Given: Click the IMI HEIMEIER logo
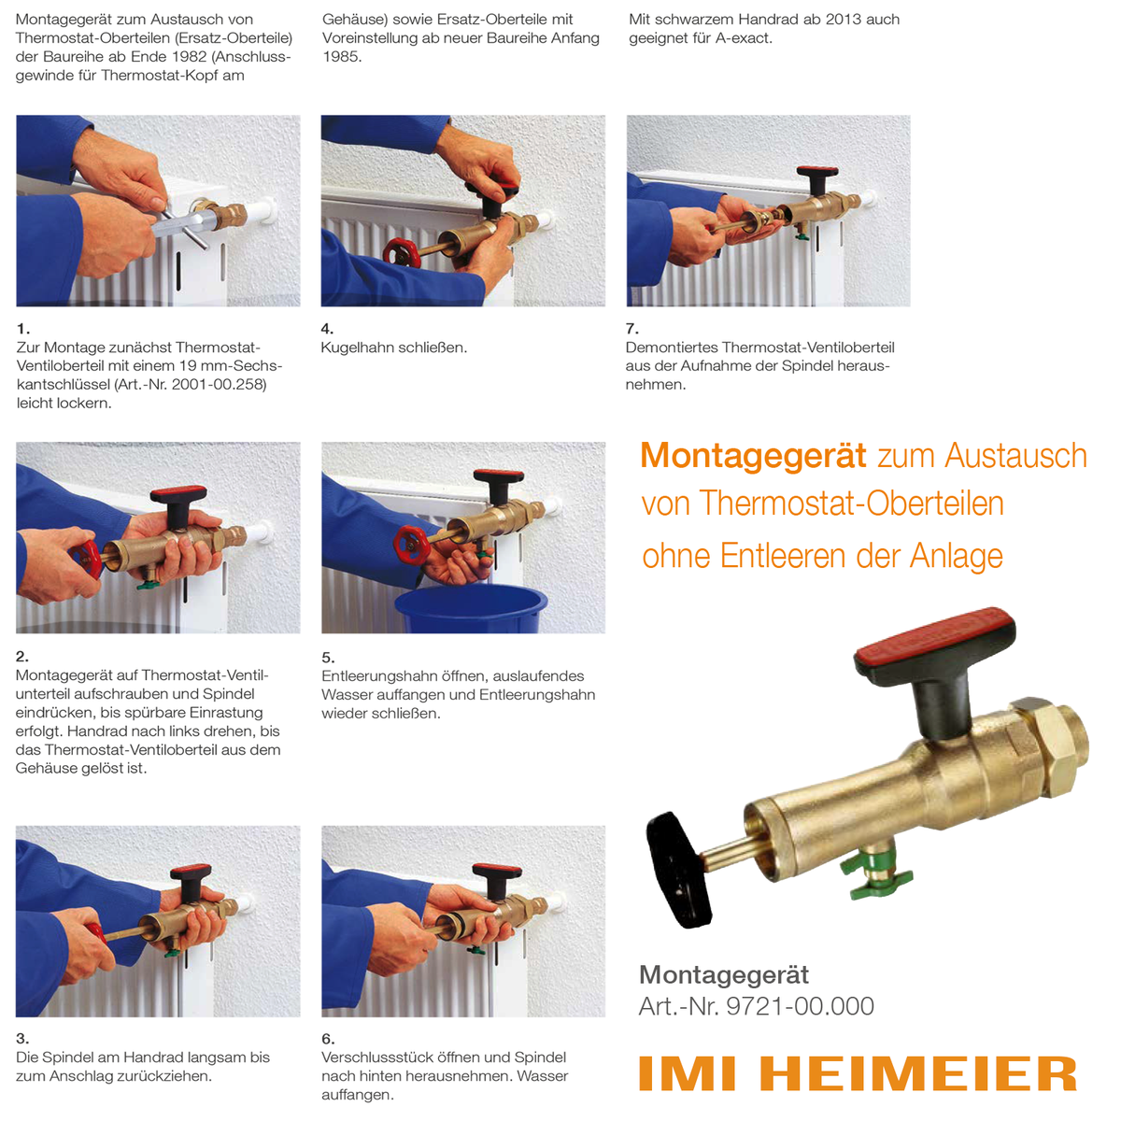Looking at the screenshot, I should pyautogui.click(x=858, y=1074).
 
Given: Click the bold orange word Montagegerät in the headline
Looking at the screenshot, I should pyautogui.click(x=753, y=456).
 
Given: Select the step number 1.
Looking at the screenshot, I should pyautogui.click(x=22, y=329).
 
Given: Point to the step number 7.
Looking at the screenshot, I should pyautogui.click(x=631, y=329).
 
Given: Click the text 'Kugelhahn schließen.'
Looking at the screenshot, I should pyautogui.click(x=393, y=348).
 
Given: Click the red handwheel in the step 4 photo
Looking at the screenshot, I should pyautogui.click(x=401, y=252).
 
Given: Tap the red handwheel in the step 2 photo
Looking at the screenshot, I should pyautogui.click(x=89, y=557).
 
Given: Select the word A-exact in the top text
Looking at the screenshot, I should pyautogui.click(x=743, y=38).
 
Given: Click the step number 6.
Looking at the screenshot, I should pyautogui.click(x=327, y=1039).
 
